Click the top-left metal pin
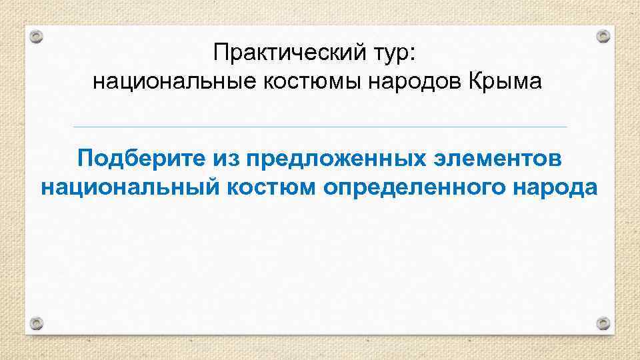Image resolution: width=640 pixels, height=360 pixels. click(x=37, y=37)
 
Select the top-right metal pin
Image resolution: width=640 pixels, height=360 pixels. click(x=603, y=35)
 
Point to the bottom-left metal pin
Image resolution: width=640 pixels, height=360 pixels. click(x=37, y=325)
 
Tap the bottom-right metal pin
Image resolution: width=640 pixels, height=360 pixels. click(x=603, y=325)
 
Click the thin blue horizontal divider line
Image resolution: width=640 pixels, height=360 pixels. click(x=320, y=127)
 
